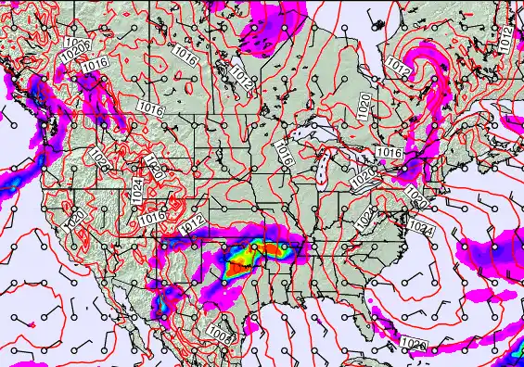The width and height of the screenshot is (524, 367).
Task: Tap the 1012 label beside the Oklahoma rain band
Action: coord(193,222)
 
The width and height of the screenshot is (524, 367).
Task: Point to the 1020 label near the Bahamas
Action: coord(414,345)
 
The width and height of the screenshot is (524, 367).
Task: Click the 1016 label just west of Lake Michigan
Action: coord(285,156)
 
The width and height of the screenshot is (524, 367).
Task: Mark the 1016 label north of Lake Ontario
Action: coord(389,152)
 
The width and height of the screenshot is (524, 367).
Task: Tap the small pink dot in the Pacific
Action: coord(31,324)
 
